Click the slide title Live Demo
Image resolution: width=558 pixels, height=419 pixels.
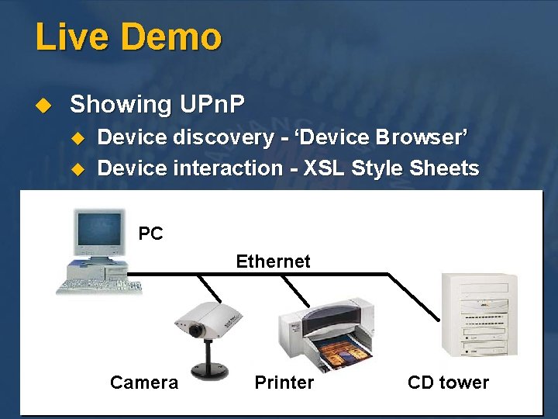pos(129,37)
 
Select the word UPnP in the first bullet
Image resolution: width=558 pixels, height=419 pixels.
pos(212,104)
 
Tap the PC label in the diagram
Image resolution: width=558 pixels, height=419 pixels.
pos(150,234)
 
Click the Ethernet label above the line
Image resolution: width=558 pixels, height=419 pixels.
pos(273,261)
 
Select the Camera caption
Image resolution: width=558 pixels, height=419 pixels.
pos(144,383)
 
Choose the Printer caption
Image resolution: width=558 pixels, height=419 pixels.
pos(284,383)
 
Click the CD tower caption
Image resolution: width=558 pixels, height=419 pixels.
pos(448,383)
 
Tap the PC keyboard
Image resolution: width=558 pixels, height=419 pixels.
pos(99,286)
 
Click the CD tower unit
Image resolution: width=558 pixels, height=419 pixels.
pos(477,314)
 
